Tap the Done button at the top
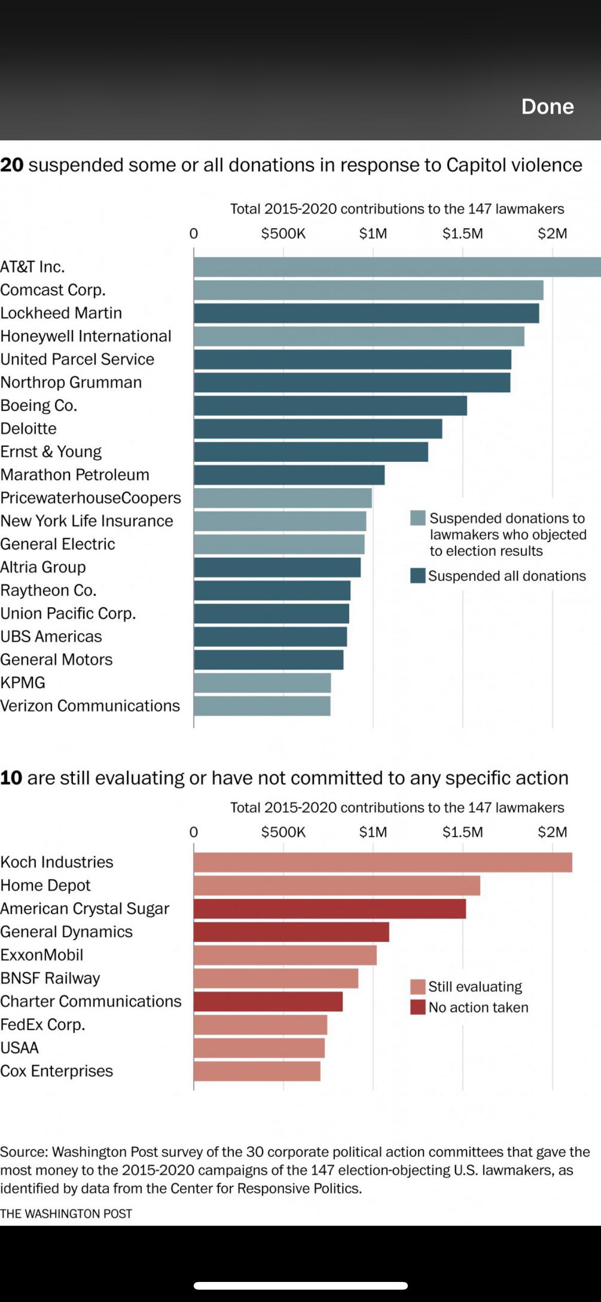(547, 106)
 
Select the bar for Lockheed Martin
(366, 313)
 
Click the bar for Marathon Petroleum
(289, 475)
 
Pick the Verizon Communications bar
(262, 706)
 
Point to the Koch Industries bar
(383, 862)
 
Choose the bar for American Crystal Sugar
(330, 909)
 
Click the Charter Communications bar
(268, 1001)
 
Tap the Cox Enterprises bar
(257, 1071)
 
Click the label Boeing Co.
(39, 406)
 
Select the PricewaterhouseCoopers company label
(90, 498)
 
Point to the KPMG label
(23, 682)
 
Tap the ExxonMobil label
(42, 955)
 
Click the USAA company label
(20, 1047)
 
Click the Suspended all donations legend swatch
(418, 576)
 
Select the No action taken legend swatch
(418, 1007)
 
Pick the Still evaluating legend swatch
(418, 987)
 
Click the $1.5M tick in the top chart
(462, 233)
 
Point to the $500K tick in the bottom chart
(283, 832)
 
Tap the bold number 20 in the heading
(12, 165)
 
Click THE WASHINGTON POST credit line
(66, 1214)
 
